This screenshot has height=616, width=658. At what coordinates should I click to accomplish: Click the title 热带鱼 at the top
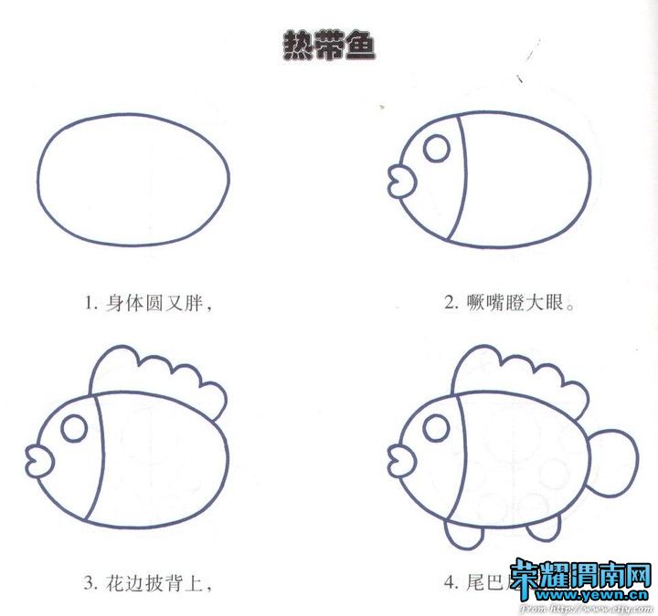330,47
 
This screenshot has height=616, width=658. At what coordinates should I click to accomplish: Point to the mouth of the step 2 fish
398,180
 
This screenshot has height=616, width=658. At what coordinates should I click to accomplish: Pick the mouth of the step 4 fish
398,458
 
